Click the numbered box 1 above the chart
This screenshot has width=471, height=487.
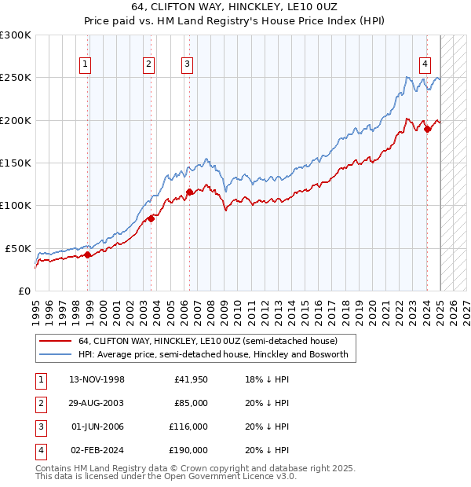tap(85, 65)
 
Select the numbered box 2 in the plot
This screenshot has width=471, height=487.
tap(148, 65)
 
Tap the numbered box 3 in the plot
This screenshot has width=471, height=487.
tap(188, 65)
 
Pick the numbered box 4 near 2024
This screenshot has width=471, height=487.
tap(425, 65)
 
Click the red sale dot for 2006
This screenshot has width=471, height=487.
tap(189, 191)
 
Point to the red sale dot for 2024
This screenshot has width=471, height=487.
tap(427, 129)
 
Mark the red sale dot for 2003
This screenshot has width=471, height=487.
tap(152, 218)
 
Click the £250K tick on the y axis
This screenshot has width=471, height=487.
tap(16, 78)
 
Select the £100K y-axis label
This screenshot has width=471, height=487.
tap(16, 205)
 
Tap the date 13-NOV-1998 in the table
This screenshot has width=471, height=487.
tap(97, 379)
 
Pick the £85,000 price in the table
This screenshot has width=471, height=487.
tap(191, 403)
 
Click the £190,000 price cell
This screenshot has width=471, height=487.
tap(188, 450)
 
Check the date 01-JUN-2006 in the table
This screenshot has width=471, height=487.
tap(97, 427)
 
